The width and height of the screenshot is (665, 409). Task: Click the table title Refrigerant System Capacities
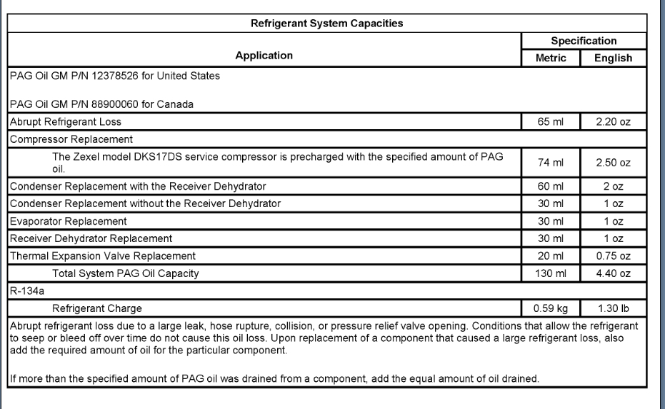326,24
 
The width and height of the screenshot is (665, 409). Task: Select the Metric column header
551,59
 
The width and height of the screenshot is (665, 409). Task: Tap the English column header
612,59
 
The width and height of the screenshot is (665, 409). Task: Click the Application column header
264,55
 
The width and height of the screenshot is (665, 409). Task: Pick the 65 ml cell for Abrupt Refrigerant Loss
551,121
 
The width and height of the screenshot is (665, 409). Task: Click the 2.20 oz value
613,121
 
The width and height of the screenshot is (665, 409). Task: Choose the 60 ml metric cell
551,187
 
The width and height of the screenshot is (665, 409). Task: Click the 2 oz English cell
613,187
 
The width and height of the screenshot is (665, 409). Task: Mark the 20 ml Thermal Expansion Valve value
551,256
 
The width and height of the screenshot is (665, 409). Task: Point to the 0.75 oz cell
613,256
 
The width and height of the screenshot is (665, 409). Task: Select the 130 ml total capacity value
551,273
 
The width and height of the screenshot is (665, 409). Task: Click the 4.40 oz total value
613,273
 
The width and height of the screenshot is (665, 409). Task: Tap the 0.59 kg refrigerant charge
551,308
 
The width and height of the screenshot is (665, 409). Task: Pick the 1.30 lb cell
613,308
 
